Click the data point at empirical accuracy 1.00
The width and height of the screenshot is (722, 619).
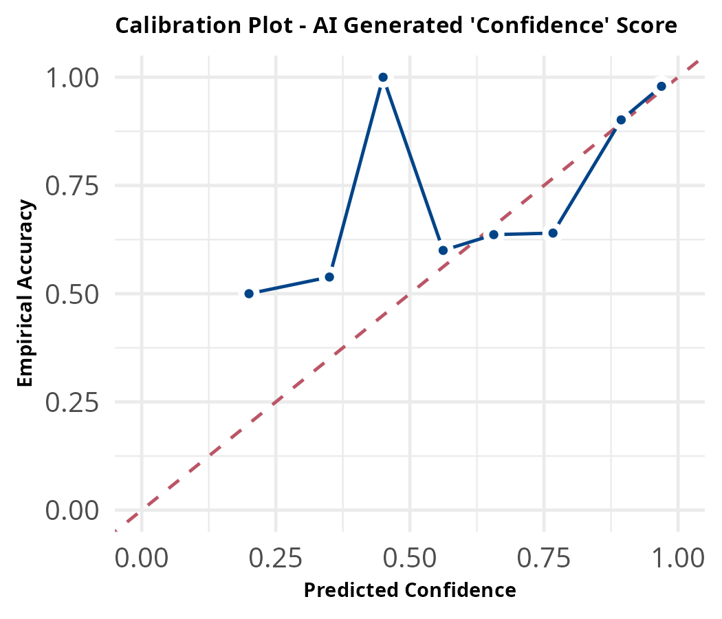(383, 77)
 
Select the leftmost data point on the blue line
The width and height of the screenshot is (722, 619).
(249, 294)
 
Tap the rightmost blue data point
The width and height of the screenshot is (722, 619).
(661, 86)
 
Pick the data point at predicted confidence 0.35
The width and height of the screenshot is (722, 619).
(329, 276)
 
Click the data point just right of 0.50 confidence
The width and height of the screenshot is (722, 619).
(444, 250)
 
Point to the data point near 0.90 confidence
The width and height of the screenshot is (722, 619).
(621, 120)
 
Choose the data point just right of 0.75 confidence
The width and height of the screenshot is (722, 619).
(553, 233)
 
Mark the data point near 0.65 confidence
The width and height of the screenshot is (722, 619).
(494, 235)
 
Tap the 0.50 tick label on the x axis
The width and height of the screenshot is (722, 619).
(410, 558)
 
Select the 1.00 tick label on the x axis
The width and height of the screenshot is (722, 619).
(678, 558)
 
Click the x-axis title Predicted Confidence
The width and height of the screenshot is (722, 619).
(410, 590)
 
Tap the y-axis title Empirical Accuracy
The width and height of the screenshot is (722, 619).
(25, 294)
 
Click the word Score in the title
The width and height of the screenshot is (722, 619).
(650, 26)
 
